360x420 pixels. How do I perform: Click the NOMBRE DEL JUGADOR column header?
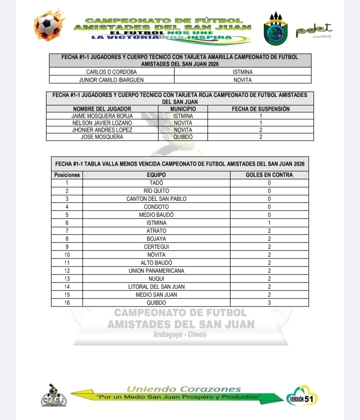point(102,109)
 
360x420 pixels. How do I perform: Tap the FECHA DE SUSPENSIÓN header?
point(260,109)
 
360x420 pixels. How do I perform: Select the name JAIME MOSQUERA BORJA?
point(102,116)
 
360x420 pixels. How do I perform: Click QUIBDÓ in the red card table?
point(183,137)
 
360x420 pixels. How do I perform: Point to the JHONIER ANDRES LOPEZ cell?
point(102,130)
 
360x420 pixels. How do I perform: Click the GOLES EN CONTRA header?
point(269,175)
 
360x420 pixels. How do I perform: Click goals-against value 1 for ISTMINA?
point(269,223)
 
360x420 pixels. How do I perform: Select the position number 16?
point(66,303)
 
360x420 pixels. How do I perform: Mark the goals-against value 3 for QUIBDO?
point(269,303)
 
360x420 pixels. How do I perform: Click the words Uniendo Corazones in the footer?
point(183,389)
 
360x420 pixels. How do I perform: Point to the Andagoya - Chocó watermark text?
point(180,335)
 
